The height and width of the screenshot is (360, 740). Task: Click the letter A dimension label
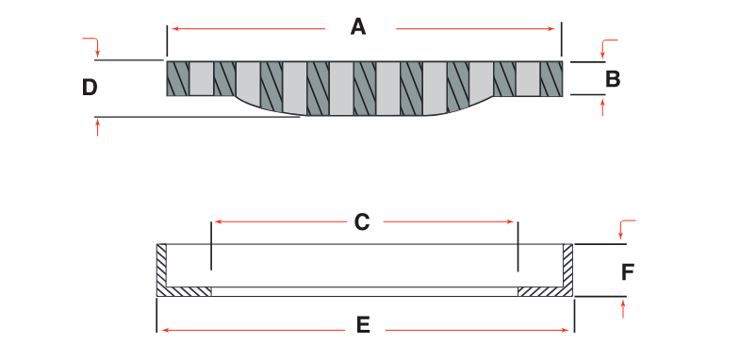[357, 27]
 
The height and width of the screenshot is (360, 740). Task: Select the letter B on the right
[613, 79]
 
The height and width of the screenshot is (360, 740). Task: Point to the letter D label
[90, 88]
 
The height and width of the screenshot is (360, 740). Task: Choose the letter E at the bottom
[363, 326]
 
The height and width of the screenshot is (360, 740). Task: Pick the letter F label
[629, 272]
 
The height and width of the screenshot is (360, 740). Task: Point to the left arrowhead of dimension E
[162, 330]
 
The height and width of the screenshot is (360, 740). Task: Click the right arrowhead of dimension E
[567, 330]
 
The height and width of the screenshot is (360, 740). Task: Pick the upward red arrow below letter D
[97, 125]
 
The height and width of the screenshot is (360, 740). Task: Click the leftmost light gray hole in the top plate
[202, 78]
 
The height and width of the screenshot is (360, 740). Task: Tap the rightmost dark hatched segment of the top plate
[551, 78]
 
